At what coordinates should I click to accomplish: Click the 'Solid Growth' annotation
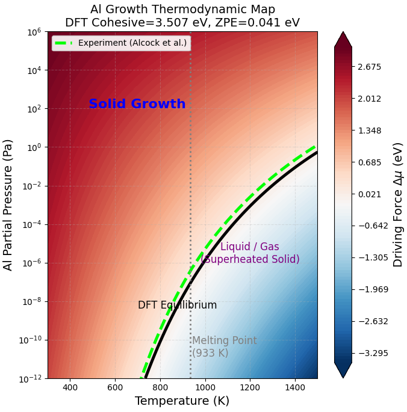click(137, 104)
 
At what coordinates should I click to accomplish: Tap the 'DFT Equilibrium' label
click(177, 305)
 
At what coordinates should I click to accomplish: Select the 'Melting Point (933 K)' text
click(224, 346)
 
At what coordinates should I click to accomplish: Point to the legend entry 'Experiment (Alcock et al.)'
click(132, 43)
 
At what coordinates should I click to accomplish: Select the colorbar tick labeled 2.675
click(369, 67)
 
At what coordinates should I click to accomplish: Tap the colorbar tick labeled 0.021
click(369, 194)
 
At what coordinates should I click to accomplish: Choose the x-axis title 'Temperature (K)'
click(182, 401)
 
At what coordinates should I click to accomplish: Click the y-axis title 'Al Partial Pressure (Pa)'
click(8, 204)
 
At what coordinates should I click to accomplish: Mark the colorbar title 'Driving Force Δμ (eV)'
click(398, 204)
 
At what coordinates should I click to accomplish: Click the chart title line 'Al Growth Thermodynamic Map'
click(182, 9)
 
